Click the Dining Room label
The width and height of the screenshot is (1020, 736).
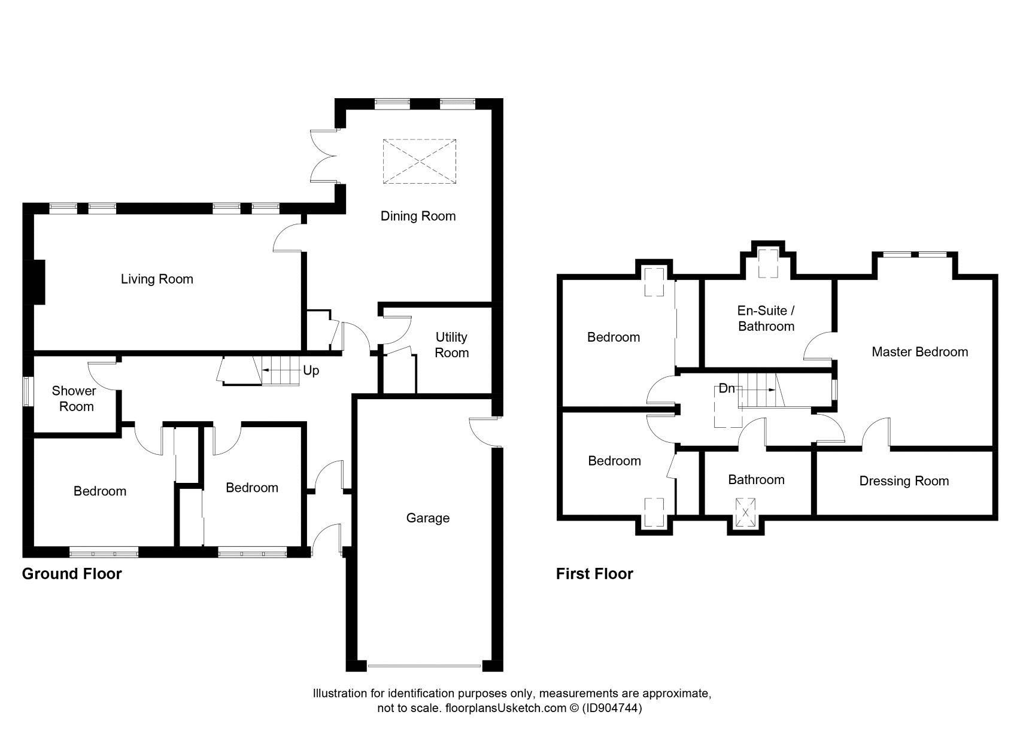point(418,216)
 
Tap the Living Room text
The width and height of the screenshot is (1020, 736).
point(157,279)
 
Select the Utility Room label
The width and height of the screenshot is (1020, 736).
point(451,345)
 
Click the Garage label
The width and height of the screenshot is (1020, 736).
point(427,518)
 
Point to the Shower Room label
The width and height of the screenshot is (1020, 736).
point(74,399)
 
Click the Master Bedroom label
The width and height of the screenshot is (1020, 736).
point(919,352)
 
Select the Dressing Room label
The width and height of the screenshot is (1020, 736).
point(904,481)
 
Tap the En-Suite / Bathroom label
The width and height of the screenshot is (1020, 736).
point(766,318)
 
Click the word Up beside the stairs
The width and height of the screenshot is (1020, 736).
point(311,370)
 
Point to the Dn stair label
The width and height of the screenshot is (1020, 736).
point(726,388)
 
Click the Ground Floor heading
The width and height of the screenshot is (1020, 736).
point(72,574)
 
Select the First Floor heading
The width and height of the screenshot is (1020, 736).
point(594,574)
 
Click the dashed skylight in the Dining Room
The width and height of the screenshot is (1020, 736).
point(419,161)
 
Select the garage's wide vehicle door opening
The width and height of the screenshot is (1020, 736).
point(424,666)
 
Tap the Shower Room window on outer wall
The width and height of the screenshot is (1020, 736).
point(28,391)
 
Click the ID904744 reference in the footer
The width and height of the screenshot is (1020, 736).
point(612,708)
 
